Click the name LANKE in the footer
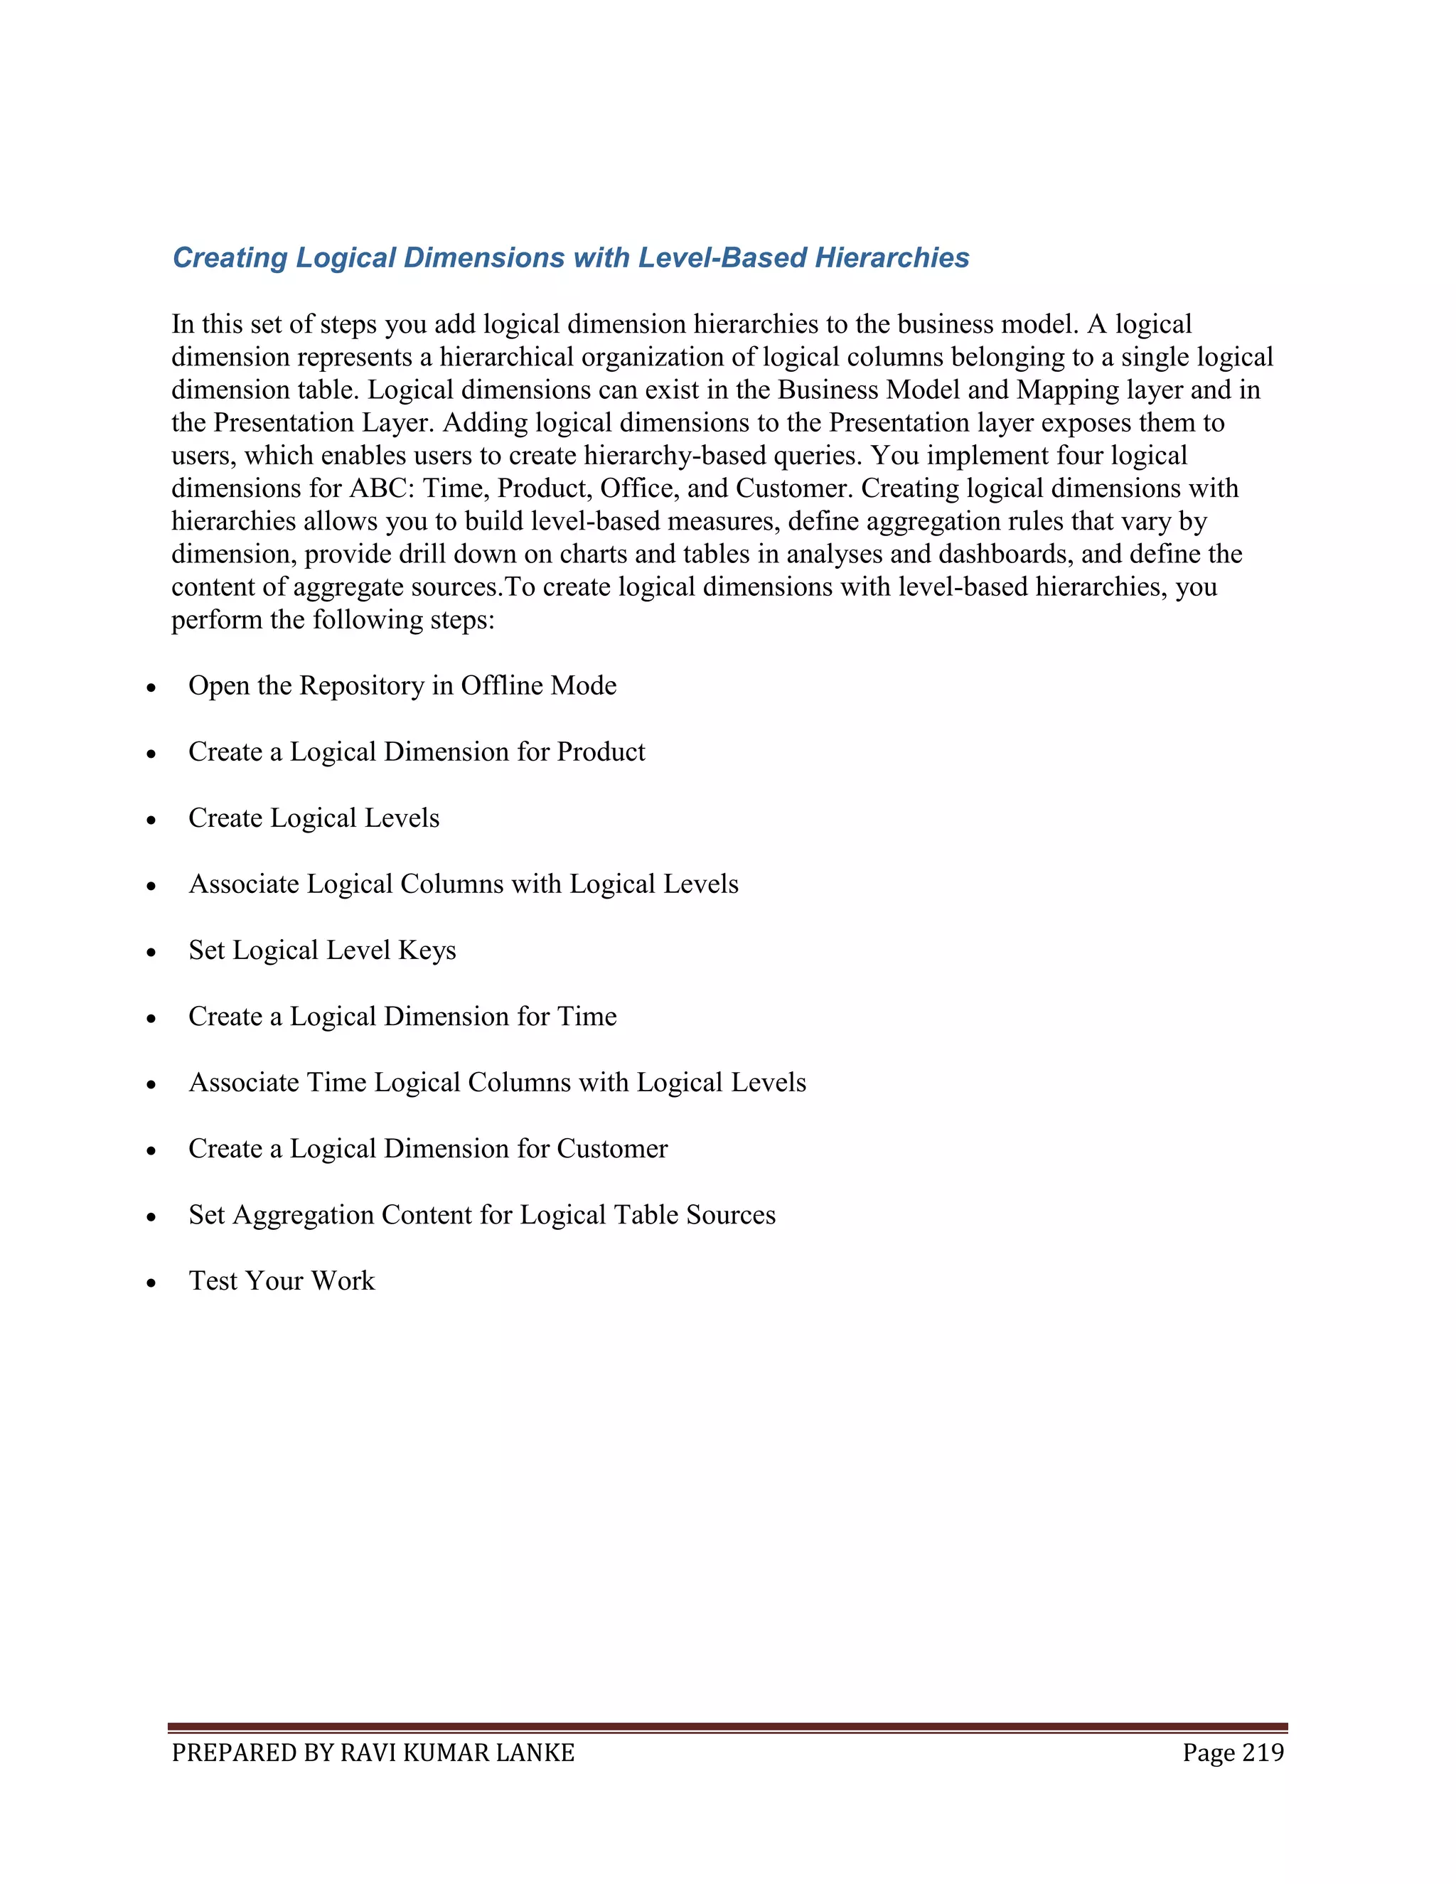pyautogui.click(x=535, y=1753)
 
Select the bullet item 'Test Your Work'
pyautogui.click(x=282, y=1281)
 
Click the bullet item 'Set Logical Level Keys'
pyautogui.click(x=322, y=951)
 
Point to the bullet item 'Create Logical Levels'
pyautogui.click(x=314, y=818)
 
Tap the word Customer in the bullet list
pyautogui.click(x=611, y=1149)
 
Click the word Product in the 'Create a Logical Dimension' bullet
pyautogui.click(x=600, y=752)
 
